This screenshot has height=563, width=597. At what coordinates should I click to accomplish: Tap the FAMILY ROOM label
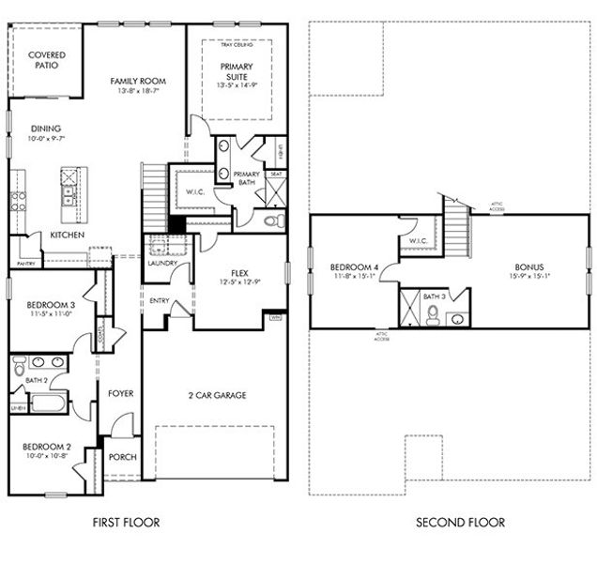click(x=138, y=82)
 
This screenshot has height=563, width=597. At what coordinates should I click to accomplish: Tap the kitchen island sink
click(x=69, y=194)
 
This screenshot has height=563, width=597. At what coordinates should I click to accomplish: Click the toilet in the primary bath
click(x=273, y=222)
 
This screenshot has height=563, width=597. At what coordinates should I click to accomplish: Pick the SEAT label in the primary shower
click(x=276, y=174)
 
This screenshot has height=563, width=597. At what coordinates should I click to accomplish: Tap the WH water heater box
click(x=275, y=318)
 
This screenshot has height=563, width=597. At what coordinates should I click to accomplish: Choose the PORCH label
click(x=123, y=458)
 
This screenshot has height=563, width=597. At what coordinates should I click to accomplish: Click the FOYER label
click(x=121, y=393)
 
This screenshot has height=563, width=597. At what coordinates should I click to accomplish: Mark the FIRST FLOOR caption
click(x=124, y=523)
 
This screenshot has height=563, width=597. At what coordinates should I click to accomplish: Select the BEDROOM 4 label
click(x=353, y=267)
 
